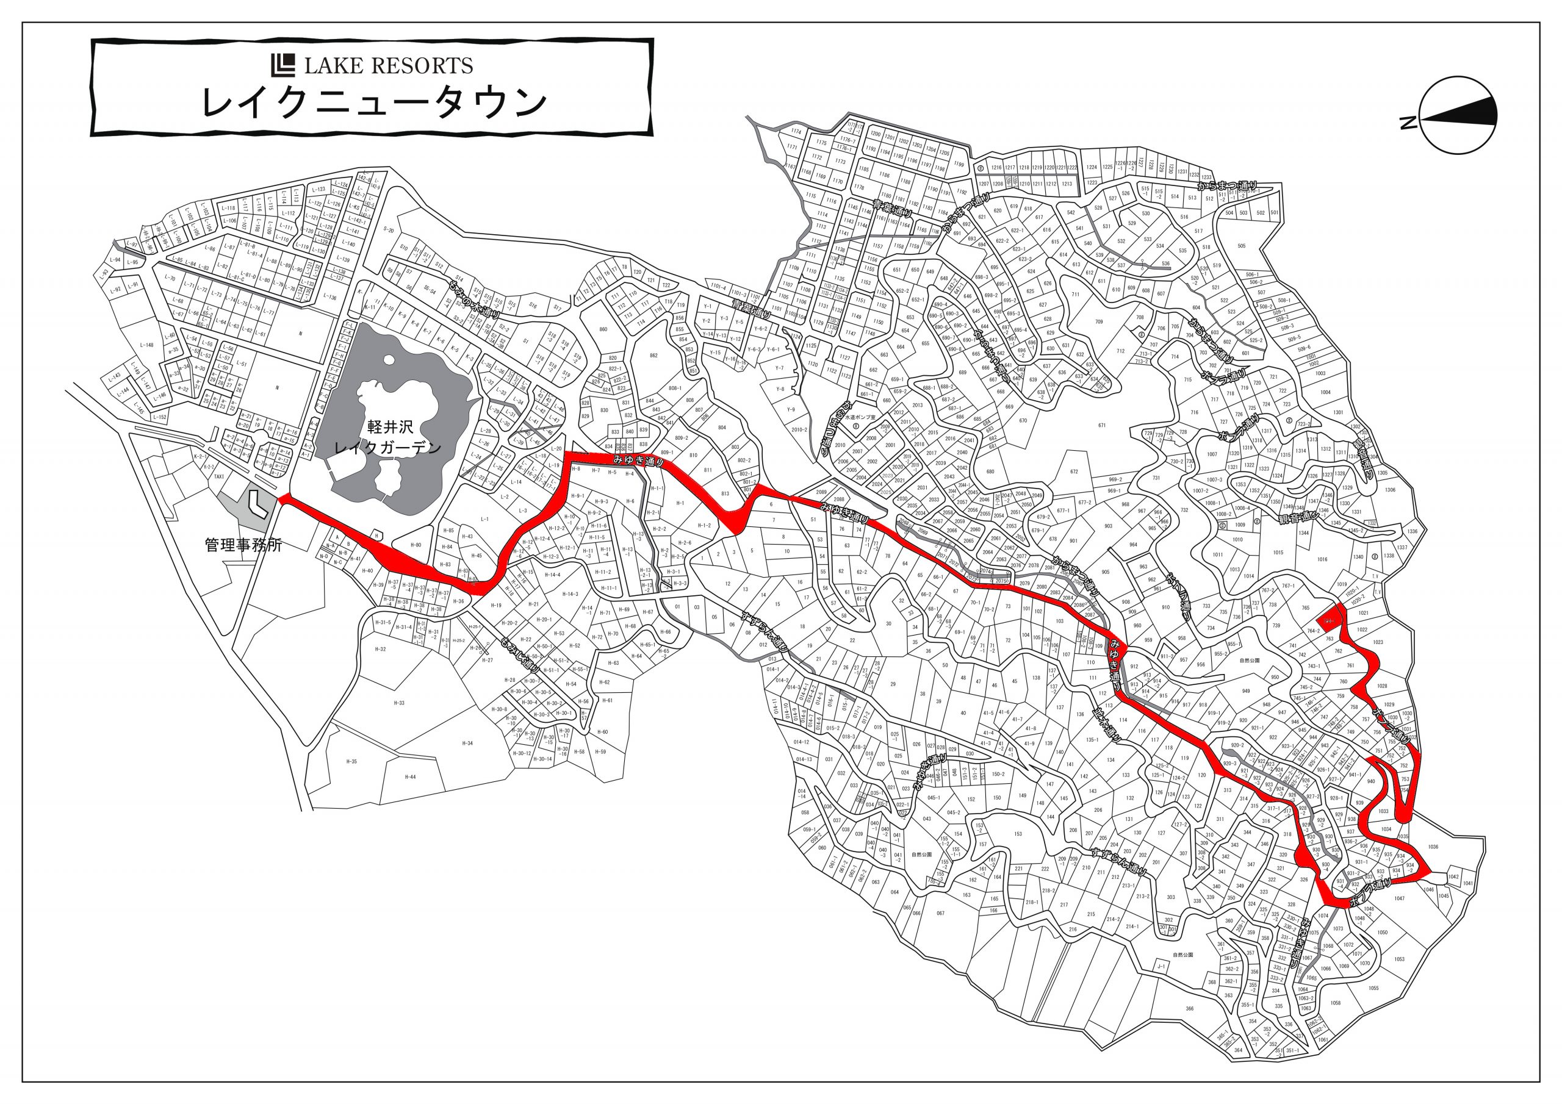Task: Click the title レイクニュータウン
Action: coord(373,102)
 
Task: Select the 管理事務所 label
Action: coord(243,545)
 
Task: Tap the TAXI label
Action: coord(219,477)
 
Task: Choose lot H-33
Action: coord(398,703)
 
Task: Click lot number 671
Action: coord(1101,426)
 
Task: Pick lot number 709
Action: coord(1099,321)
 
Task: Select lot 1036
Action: coord(1433,847)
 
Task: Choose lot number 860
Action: coord(603,329)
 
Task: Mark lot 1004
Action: coord(1326,392)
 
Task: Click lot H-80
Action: coord(416,545)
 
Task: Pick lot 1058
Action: coord(1336,1003)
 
